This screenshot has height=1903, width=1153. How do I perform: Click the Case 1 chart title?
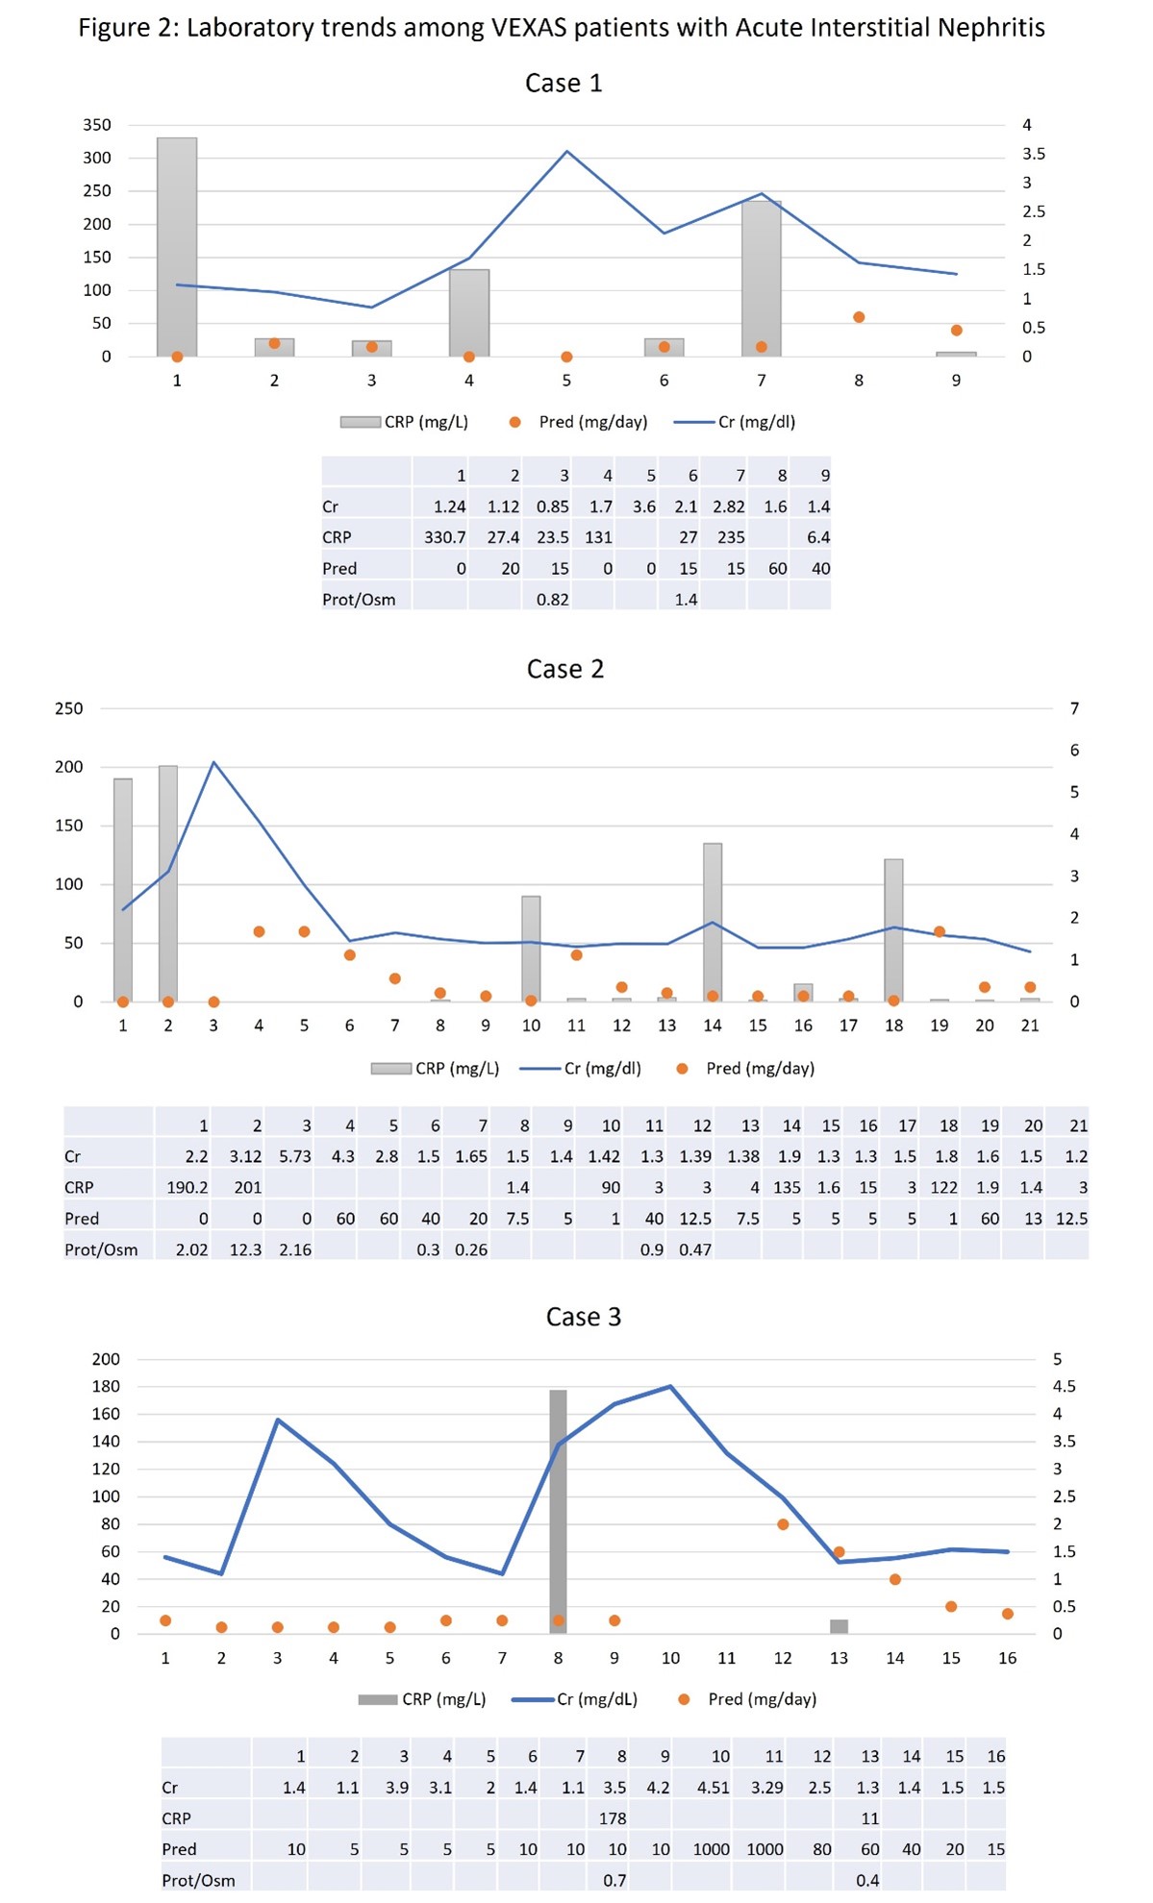[564, 84]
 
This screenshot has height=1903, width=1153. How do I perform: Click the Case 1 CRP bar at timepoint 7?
[761, 279]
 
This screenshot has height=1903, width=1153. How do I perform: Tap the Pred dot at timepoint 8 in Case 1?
[859, 317]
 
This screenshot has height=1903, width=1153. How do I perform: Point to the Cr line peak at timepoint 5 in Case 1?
[567, 152]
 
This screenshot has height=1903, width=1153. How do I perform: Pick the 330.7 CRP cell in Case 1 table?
[444, 537]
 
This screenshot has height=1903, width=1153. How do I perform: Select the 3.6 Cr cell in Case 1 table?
[643, 507]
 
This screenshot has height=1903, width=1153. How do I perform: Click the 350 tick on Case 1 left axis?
[97, 125]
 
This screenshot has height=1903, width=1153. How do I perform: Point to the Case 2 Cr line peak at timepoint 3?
[213, 763]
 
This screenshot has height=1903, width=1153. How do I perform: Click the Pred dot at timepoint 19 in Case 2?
[940, 932]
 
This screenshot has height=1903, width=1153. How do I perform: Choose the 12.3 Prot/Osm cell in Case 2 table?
[245, 1249]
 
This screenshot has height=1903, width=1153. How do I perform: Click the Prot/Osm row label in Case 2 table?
[101, 1249]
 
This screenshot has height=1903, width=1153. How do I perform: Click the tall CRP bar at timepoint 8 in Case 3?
[558, 1509]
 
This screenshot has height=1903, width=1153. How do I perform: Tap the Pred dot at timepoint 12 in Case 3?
[783, 1524]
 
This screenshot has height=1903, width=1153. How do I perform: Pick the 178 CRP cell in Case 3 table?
[613, 1818]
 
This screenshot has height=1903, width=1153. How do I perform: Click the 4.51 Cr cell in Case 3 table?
[713, 1788]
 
